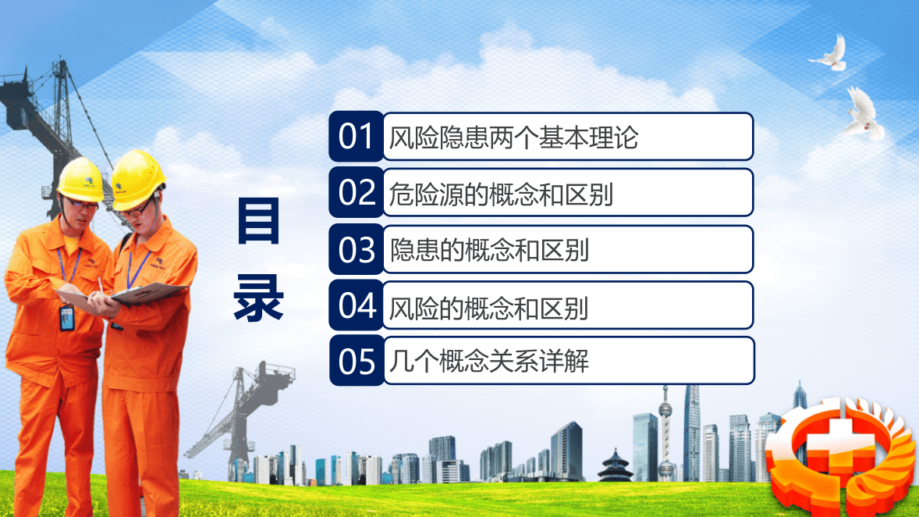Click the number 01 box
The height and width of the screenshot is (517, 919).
pos(357,137)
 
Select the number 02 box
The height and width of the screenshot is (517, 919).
pos(357,192)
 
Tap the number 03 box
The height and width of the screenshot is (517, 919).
pos(357,249)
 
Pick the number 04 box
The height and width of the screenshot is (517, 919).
pos(357,305)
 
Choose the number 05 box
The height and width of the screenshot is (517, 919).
pos(357,362)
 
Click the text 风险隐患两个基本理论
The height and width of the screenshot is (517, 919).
pos(513,138)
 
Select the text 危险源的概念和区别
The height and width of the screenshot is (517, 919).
pos(501,194)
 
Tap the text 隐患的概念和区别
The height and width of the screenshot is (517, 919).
pos(489,250)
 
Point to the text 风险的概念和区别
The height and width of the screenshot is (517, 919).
pos(488,307)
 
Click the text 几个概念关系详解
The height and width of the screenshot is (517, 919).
pos(488,362)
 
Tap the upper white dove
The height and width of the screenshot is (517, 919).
pos(829,54)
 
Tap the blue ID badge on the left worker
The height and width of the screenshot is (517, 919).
pos(66,316)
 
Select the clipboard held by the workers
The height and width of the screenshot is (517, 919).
pos(148,293)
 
